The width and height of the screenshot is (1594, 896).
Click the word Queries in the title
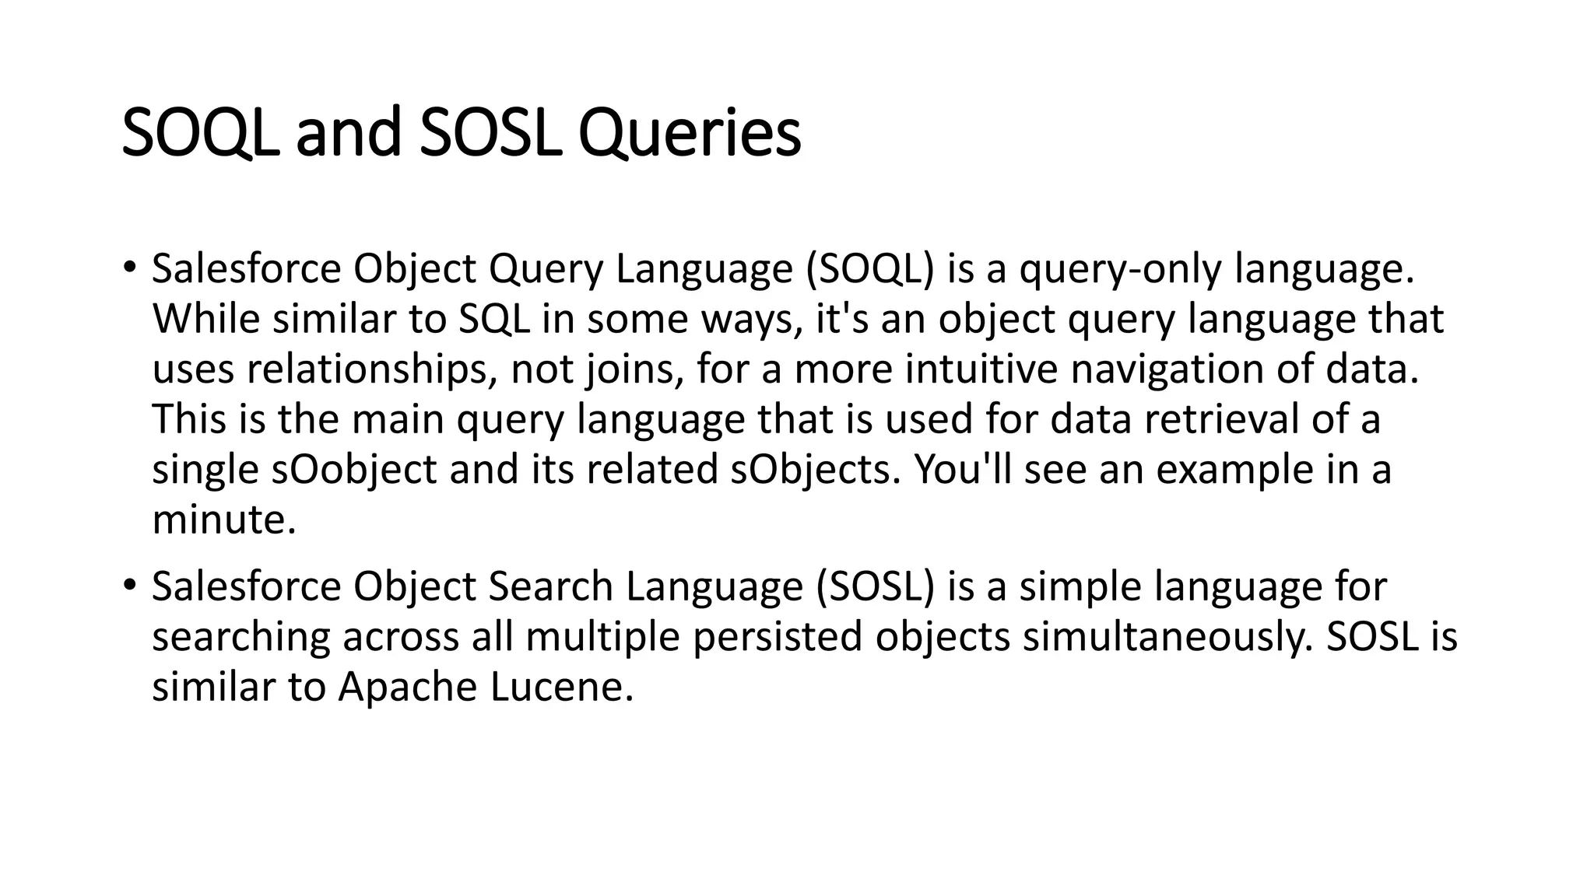(x=690, y=134)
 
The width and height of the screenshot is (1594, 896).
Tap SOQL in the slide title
(x=200, y=134)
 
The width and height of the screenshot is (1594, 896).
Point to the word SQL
(x=493, y=319)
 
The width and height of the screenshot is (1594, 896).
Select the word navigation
(x=1167, y=369)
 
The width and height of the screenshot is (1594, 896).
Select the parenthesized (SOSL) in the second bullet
(x=875, y=586)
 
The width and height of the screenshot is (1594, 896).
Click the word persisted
(x=777, y=637)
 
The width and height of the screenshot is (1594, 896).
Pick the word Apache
(x=407, y=687)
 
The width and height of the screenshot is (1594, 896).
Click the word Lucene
(x=562, y=687)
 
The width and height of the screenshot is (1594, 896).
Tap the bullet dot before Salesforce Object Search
(x=129, y=584)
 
